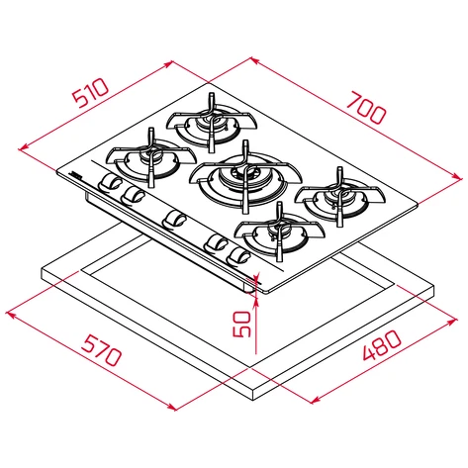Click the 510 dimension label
[x=90, y=93]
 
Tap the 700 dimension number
[x=366, y=108]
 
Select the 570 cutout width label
[x=101, y=350]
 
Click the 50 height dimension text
[x=241, y=324]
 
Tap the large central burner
[x=245, y=177]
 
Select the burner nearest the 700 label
[x=212, y=123]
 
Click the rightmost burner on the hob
[x=339, y=197]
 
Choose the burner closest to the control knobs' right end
[x=280, y=232]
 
